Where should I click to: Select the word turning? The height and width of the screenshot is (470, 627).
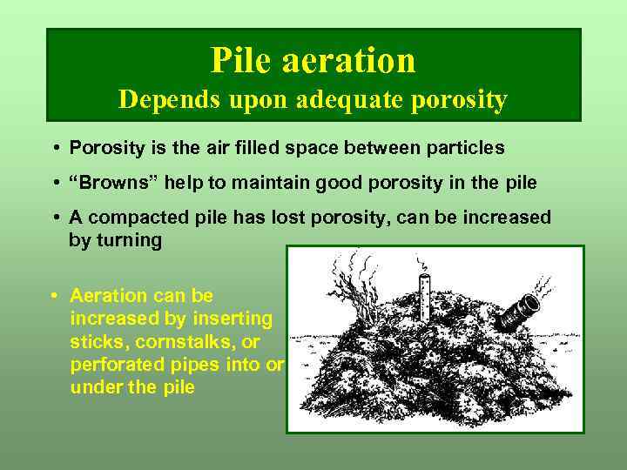(x=131, y=240)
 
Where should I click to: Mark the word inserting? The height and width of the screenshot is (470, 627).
(x=236, y=319)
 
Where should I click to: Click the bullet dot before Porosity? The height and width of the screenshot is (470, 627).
(x=55, y=148)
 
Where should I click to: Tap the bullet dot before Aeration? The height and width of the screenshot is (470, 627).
(x=55, y=296)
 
